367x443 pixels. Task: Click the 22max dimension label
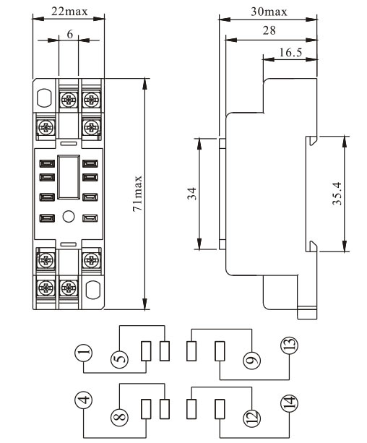pos(69,12)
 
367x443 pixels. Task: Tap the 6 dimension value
pos(70,35)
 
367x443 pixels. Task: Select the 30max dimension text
pos(269,12)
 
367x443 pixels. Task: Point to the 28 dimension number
pos(269,30)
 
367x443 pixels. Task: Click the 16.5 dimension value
pos(290,53)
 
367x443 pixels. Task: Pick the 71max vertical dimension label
pos(137,194)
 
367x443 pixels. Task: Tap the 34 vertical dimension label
pos(192,194)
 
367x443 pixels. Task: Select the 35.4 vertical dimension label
pos(337,194)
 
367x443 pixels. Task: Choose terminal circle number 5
pos(119,360)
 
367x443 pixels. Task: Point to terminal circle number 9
pos(251,360)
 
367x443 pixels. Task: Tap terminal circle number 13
pos(289,345)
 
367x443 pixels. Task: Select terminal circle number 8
pos(119,417)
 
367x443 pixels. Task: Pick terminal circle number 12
pos(251,418)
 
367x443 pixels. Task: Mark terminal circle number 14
pos(289,403)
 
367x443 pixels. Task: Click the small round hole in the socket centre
pos(69,217)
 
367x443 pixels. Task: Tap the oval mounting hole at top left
pos(44,98)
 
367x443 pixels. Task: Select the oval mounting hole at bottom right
pos(92,290)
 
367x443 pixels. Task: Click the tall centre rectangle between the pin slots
pos(69,177)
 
